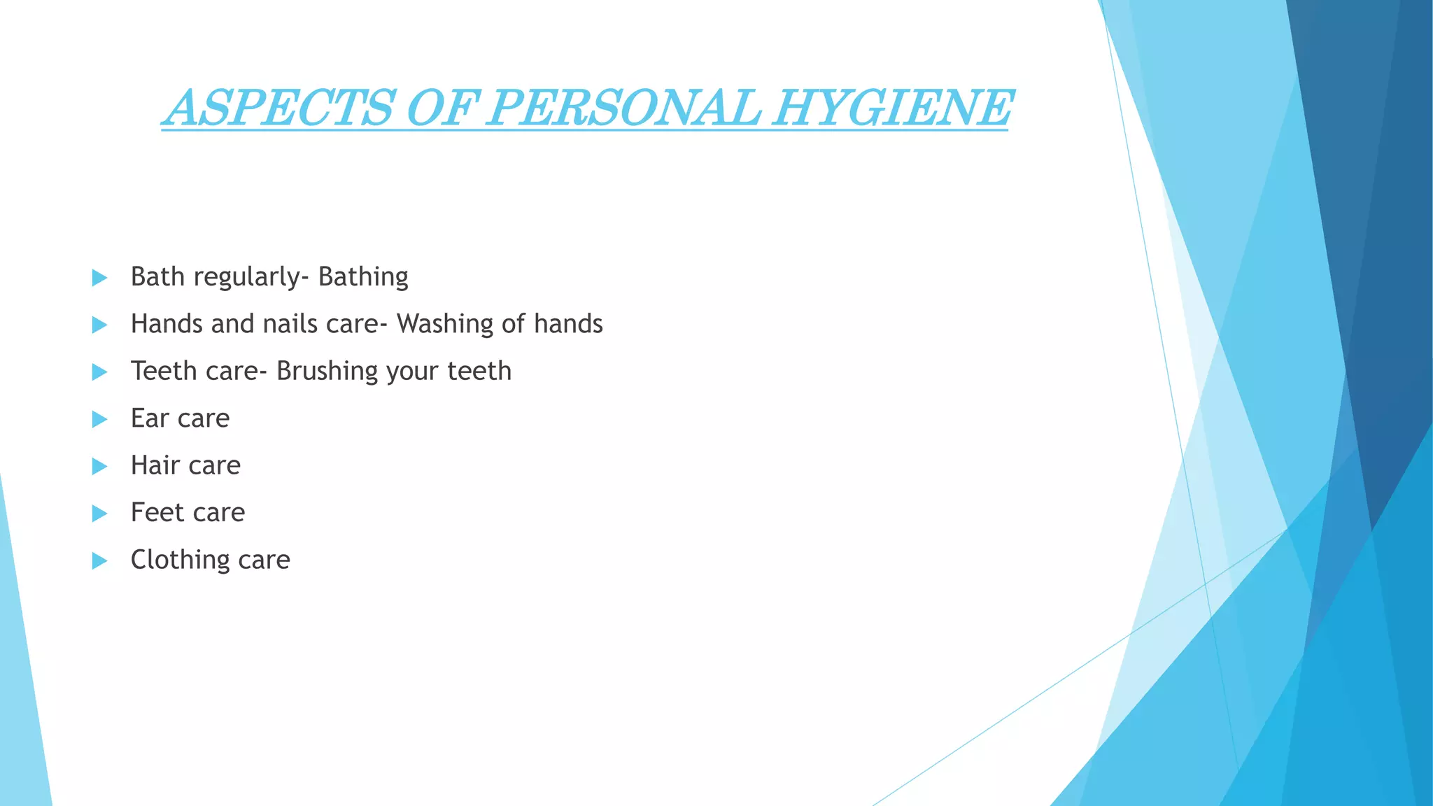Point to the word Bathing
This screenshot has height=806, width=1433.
[x=363, y=277]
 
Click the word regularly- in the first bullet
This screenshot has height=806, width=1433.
[x=251, y=277]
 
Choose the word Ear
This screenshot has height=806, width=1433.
[x=150, y=418]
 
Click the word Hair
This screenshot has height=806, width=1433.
[x=155, y=465]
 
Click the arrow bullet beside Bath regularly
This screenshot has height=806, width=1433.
[x=99, y=278]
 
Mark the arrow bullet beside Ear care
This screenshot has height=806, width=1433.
[x=99, y=419]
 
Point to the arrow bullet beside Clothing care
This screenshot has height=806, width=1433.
[x=99, y=560]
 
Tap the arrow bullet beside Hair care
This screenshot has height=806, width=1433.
[x=99, y=466]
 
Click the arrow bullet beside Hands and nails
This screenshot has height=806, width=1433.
[x=99, y=325]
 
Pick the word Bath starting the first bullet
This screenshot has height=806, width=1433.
[x=157, y=277]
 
